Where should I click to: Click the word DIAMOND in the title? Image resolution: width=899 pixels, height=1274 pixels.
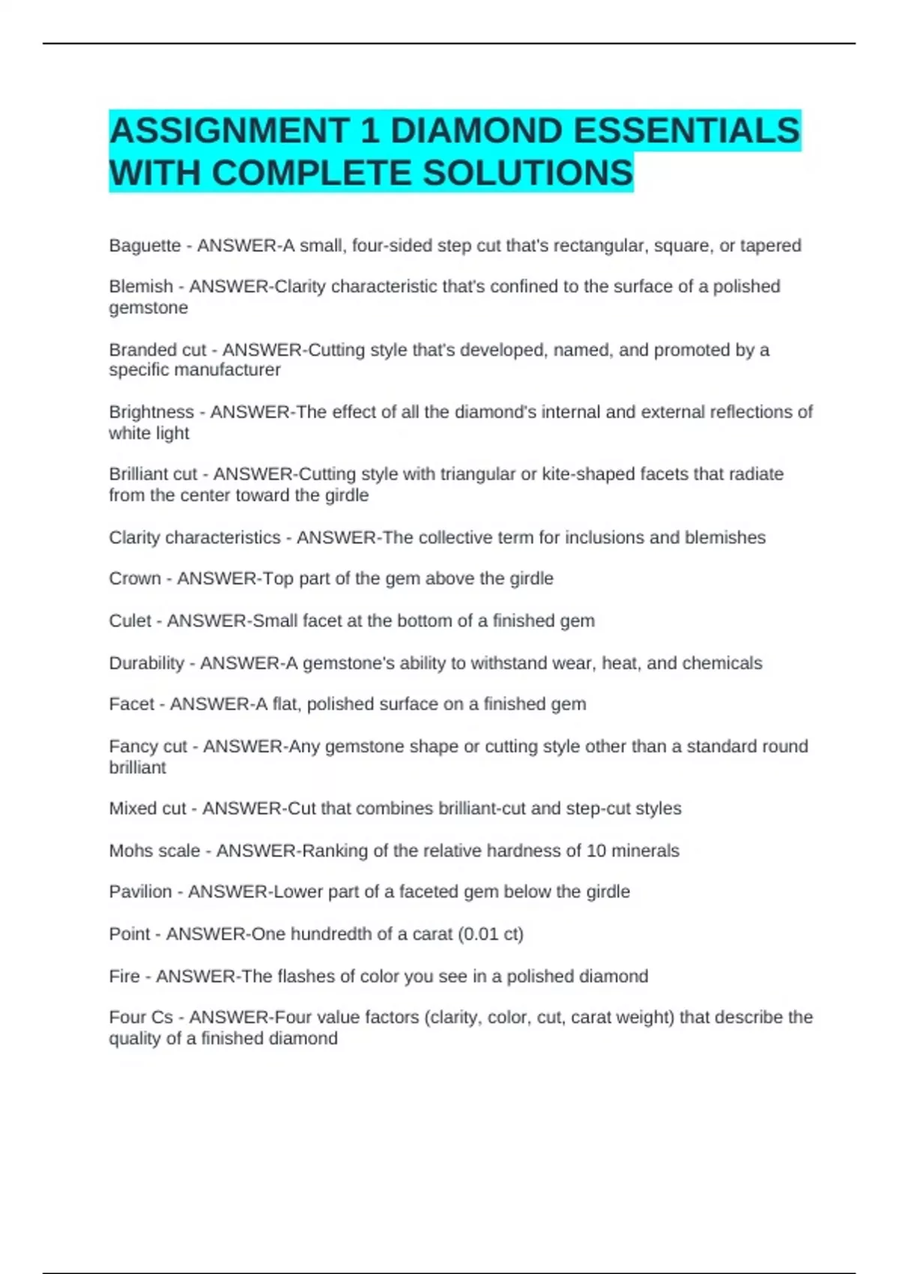[476, 130]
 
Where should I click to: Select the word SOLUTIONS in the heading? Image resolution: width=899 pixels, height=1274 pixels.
[528, 173]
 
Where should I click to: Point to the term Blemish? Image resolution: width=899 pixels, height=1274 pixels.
[141, 286]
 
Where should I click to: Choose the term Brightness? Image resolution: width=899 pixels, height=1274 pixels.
[151, 412]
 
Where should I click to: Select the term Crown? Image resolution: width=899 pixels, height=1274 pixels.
[135, 579]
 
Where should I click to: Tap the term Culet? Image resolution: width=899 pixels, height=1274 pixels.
[130, 621]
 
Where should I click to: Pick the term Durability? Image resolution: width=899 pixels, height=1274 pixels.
[147, 663]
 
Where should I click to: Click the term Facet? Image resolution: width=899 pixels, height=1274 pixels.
[132, 704]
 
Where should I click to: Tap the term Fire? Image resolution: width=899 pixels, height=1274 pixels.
[124, 976]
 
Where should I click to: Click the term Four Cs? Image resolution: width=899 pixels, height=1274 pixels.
[141, 1018]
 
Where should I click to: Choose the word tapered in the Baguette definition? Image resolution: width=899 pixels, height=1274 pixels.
[771, 246]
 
